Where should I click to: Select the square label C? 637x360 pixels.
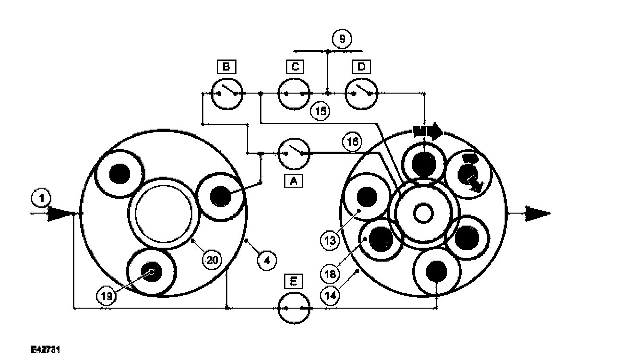click(295, 67)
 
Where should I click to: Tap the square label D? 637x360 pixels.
click(362, 67)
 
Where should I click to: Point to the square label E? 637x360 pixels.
click(294, 281)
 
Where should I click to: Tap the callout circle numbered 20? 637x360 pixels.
click(212, 259)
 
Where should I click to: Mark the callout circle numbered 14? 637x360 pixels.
click(331, 295)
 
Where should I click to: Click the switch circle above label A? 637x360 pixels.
click(294, 154)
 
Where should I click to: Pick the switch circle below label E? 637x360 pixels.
click(294, 308)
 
